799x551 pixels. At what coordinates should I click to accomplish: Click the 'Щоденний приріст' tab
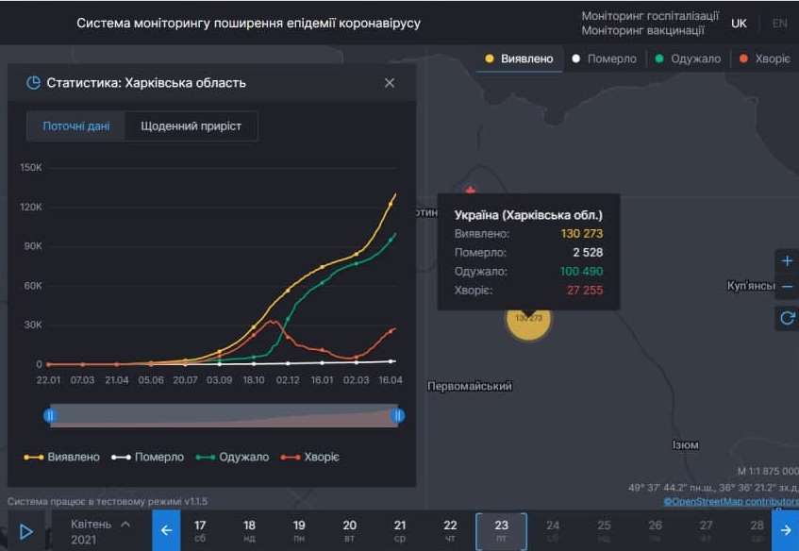[x=191, y=125]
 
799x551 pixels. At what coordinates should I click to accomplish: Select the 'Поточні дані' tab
[x=75, y=125]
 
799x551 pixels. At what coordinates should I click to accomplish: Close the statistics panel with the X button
[x=390, y=83]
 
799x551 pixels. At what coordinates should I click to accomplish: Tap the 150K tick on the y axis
[x=31, y=167]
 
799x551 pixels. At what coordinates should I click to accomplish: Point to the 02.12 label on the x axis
[x=288, y=380]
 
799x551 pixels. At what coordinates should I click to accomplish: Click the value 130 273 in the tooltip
[x=581, y=233]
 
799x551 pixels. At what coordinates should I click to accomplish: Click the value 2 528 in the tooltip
[x=587, y=253]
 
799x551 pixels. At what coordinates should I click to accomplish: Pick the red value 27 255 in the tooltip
[x=585, y=291]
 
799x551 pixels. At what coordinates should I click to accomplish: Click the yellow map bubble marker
[x=528, y=319]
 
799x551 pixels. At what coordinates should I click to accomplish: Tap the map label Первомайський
[x=470, y=387]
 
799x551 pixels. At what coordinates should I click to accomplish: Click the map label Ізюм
[x=685, y=445]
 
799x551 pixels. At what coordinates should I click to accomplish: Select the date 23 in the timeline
[x=501, y=530]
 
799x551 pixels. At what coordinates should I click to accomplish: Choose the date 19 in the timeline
[x=299, y=530]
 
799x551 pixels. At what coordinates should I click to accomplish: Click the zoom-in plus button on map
[x=787, y=261]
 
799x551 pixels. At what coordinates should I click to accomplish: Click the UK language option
[x=740, y=24]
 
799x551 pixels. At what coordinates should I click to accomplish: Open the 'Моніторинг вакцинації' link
[x=642, y=30]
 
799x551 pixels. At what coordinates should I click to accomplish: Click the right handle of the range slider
[x=398, y=415]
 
